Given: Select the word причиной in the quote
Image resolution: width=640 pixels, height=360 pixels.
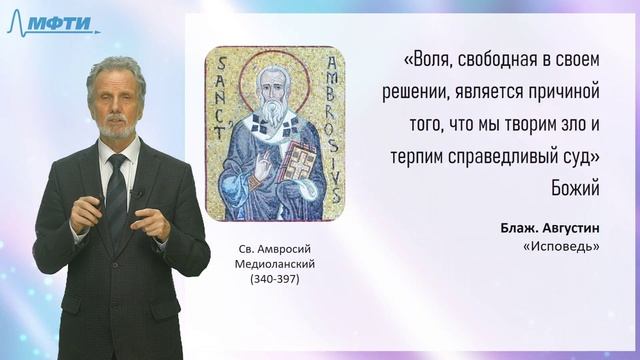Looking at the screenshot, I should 564,91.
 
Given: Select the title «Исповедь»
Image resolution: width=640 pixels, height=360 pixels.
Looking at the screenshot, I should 566,248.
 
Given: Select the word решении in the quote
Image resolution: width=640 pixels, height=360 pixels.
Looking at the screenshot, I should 419,91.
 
